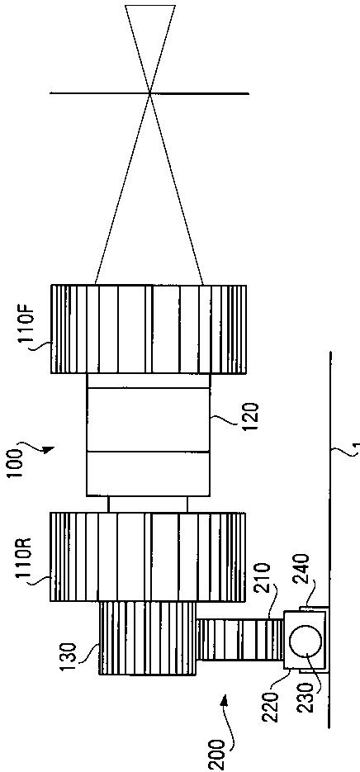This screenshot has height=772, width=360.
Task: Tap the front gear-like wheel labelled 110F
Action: tap(149, 329)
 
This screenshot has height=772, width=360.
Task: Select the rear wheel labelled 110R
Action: tap(148, 557)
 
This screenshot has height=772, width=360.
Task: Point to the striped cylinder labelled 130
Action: tap(148, 638)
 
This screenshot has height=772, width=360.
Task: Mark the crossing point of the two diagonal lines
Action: tap(150, 92)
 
